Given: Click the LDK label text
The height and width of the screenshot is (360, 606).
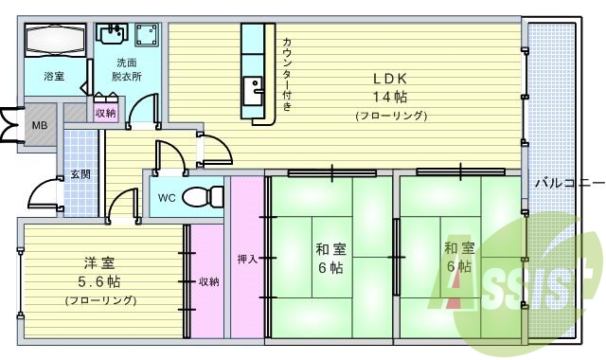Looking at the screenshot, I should point(389,79).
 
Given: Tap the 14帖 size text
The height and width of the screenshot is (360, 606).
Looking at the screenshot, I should point(389,97).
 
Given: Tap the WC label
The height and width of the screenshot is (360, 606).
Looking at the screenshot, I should point(166,198).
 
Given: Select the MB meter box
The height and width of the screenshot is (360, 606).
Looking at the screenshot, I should point(40,125).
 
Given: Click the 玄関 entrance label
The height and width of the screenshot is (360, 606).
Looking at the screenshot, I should point(80,174).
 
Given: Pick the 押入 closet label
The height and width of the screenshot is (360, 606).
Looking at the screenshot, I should point(244,258).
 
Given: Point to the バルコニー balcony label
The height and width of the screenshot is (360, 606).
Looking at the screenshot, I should point(564,182).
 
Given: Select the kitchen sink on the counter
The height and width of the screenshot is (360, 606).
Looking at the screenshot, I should point(254,92).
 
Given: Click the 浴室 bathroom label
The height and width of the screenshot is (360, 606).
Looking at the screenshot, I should point(53,75).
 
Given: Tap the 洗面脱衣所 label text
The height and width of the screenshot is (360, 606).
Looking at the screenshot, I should point(123,69).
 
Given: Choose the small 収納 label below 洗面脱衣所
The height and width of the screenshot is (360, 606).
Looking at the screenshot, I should point(105,113).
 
